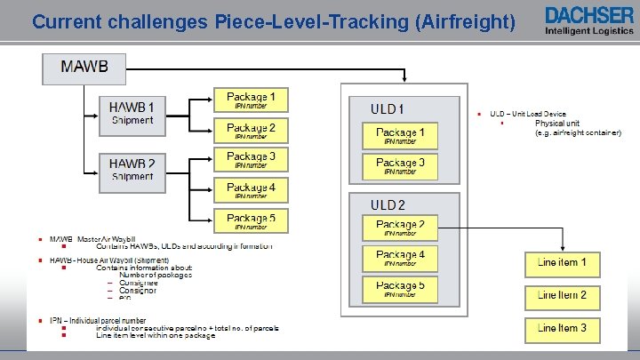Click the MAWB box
(85, 68)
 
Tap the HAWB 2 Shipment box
(132, 169)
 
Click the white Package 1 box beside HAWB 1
(251, 100)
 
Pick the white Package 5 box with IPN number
(251, 220)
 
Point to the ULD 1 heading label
(388, 108)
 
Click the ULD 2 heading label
(388, 204)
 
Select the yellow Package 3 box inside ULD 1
(400, 166)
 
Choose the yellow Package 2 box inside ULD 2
(400, 228)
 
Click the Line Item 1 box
(562, 264)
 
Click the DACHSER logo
(589, 14)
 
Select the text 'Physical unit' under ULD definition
(556, 123)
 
